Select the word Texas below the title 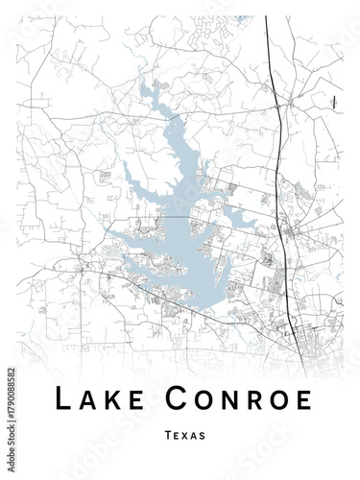point(184,435)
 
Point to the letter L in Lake point(61,396)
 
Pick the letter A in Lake point(86,396)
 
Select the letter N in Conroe point(228,396)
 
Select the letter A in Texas point(194,435)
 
